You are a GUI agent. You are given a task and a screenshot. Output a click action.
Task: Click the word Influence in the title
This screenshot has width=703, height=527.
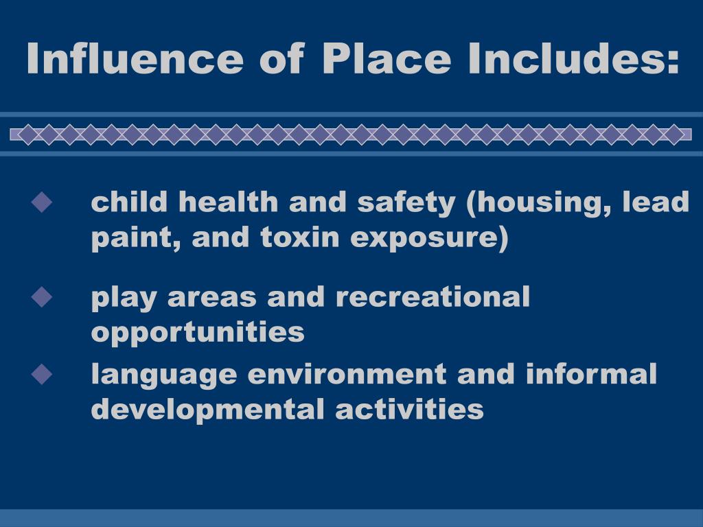(x=135, y=58)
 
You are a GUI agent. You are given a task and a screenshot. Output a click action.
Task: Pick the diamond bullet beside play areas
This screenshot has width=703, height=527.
(x=42, y=297)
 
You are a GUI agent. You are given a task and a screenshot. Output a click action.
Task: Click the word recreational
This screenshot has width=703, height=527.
(x=433, y=297)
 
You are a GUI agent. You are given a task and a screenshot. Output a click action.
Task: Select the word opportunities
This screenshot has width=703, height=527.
(x=198, y=333)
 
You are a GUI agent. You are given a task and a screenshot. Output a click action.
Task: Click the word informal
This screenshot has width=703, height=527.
(x=591, y=375)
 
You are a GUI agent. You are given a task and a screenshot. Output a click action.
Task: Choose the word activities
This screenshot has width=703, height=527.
(x=410, y=410)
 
